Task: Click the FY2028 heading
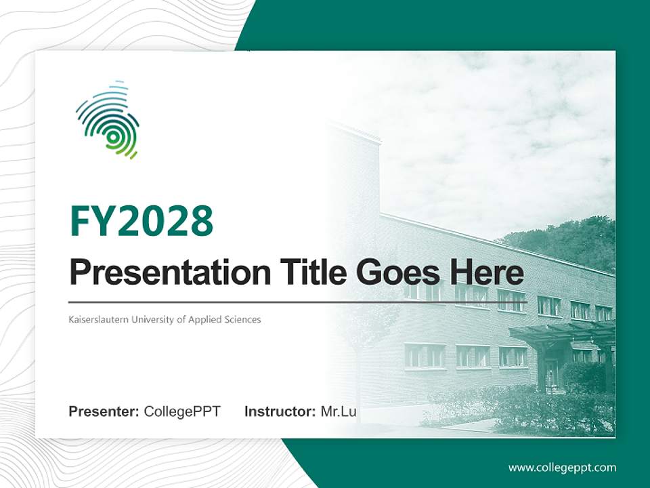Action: [142, 221]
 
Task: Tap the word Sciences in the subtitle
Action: [243, 319]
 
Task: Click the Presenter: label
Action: [104, 411]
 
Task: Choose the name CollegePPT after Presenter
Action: [182, 411]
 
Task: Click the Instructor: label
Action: [280, 411]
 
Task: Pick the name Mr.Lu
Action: [339, 411]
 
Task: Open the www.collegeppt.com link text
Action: [562, 468]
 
